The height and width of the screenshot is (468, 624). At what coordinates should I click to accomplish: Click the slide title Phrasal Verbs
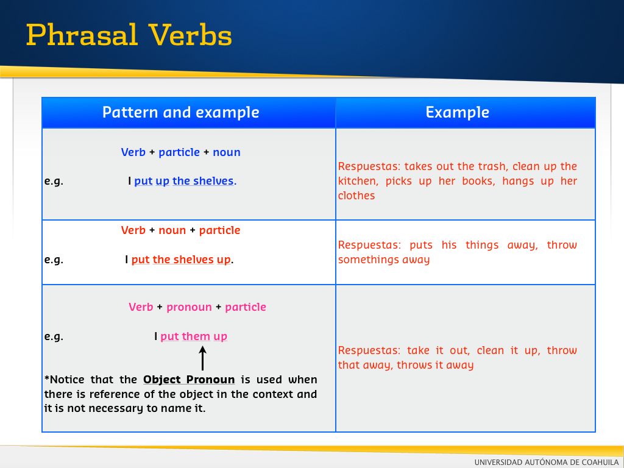point(129,35)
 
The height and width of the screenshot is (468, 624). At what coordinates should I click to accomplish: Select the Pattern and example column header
point(180,112)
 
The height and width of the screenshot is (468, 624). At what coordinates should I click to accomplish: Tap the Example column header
point(457,113)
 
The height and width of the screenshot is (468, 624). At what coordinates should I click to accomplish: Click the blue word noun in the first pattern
point(227,152)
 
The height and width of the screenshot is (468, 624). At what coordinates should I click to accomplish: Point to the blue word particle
point(179,152)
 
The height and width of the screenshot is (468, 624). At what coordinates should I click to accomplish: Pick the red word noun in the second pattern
point(172,230)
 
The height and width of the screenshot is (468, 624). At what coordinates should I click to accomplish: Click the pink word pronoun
point(189,308)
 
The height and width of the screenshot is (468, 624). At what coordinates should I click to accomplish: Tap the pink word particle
point(246,307)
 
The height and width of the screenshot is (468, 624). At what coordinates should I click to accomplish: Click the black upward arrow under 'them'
point(202,358)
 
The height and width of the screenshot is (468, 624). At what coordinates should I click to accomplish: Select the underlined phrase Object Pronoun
point(189,380)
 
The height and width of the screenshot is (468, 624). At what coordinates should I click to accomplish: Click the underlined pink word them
point(196,336)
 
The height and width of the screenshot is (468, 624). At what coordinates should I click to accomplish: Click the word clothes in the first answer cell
point(356,196)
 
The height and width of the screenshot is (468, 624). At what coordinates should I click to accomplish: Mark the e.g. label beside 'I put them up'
point(54,336)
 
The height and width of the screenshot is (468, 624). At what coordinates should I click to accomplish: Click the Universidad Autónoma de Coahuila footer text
point(547,462)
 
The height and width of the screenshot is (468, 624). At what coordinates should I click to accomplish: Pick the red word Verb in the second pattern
point(133,230)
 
